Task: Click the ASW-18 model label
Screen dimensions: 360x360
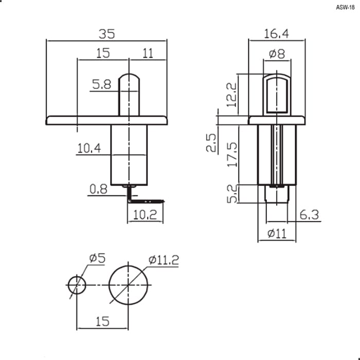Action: point(345,7)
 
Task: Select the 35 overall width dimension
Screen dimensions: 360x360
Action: point(107,34)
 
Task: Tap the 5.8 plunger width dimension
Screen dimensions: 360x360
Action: point(101,84)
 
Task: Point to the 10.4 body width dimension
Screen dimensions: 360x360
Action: point(89,148)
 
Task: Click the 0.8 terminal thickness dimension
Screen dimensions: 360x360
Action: point(98,189)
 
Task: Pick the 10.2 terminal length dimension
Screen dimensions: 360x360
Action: point(145,215)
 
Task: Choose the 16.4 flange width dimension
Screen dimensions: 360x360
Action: point(277,34)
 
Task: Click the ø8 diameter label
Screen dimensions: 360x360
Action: point(277,53)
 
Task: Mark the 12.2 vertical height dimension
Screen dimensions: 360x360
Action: point(231,95)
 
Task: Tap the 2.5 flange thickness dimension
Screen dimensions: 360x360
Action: point(211,143)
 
